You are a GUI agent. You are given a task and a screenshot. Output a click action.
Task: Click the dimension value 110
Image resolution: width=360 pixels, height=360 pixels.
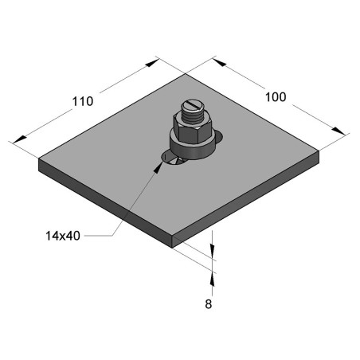[83, 101]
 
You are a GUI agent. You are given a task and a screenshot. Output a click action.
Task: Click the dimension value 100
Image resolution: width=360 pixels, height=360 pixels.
[276, 97]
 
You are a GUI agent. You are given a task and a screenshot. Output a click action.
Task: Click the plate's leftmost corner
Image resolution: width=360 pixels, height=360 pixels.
[40, 160]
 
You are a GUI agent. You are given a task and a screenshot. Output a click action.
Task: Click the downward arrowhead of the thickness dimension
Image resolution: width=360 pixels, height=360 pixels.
[213, 252]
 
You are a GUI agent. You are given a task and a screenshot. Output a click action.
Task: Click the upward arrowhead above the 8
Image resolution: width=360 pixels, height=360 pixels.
[213, 275]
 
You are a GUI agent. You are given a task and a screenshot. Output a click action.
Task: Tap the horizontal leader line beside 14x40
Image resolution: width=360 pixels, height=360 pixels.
[99, 235]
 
